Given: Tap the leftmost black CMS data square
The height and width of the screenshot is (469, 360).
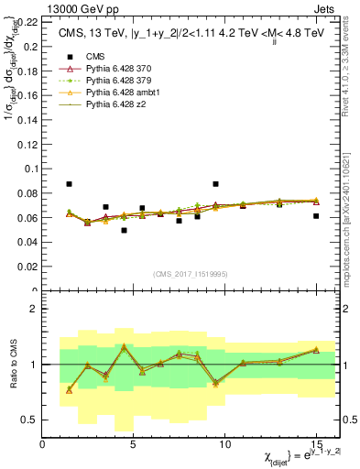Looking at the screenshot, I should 70,184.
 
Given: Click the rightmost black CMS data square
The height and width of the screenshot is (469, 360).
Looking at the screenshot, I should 316,216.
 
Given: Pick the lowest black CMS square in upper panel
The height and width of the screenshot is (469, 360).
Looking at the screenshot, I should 124,230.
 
